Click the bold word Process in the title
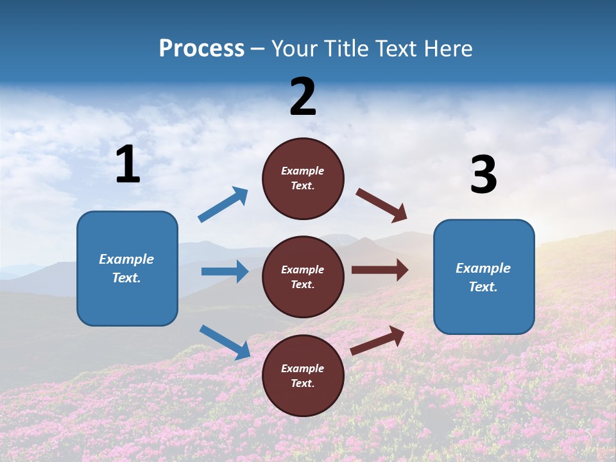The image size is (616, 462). pyautogui.click(x=201, y=49)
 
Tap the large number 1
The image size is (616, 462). pyautogui.click(x=128, y=165)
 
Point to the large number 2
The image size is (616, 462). pyautogui.click(x=303, y=98)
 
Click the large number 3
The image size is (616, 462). pyautogui.click(x=483, y=175)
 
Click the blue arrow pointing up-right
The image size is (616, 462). pyautogui.click(x=223, y=205)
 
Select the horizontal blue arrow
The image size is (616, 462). pyautogui.click(x=225, y=271)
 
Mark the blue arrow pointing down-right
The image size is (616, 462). pyautogui.click(x=225, y=342)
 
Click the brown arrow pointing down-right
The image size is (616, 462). pyautogui.click(x=382, y=205)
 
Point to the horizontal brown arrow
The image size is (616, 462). pyautogui.click(x=380, y=270)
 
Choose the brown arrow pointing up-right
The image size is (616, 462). pyautogui.click(x=377, y=340)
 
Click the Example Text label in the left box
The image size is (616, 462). pyautogui.click(x=126, y=268)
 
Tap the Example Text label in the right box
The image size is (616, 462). pyautogui.click(x=483, y=277)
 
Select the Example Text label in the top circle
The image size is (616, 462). pyautogui.click(x=303, y=178)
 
